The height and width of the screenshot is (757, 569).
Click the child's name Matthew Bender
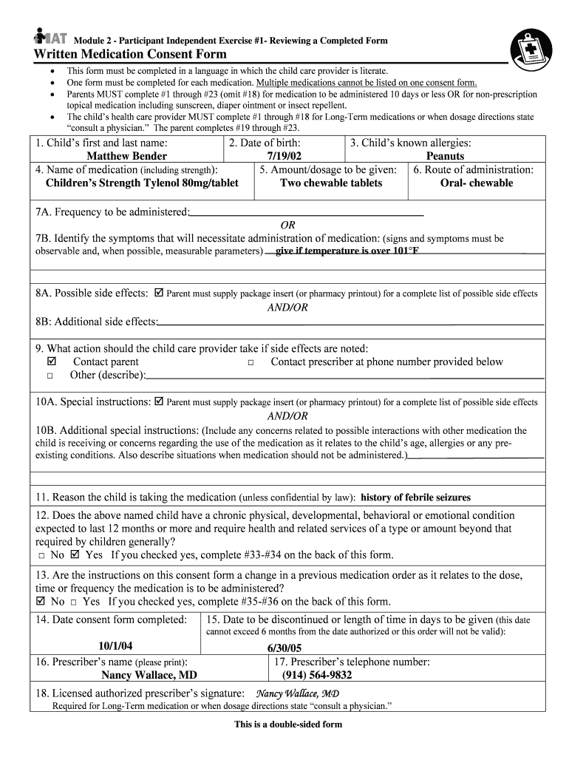(x=126, y=156)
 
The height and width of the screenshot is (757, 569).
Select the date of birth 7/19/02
(x=284, y=156)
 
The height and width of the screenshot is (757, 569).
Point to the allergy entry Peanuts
(x=445, y=156)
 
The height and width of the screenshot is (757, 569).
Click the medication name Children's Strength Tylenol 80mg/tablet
(x=142, y=183)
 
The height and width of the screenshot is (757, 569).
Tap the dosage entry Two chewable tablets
(x=331, y=183)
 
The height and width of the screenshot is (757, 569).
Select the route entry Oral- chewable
(x=476, y=183)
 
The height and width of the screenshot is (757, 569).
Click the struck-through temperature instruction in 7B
(x=347, y=251)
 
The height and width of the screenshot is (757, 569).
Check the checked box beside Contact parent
(x=51, y=362)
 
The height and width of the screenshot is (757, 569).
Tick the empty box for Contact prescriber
(x=251, y=363)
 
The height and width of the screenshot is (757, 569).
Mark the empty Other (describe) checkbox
(x=50, y=376)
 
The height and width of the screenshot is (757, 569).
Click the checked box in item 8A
(x=158, y=293)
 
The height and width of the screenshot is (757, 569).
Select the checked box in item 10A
(x=159, y=402)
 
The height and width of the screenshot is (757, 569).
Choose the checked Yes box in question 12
(x=74, y=554)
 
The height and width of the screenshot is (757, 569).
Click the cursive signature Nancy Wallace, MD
(x=297, y=693)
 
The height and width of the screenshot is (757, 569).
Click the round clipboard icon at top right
(x=531, y=48)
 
